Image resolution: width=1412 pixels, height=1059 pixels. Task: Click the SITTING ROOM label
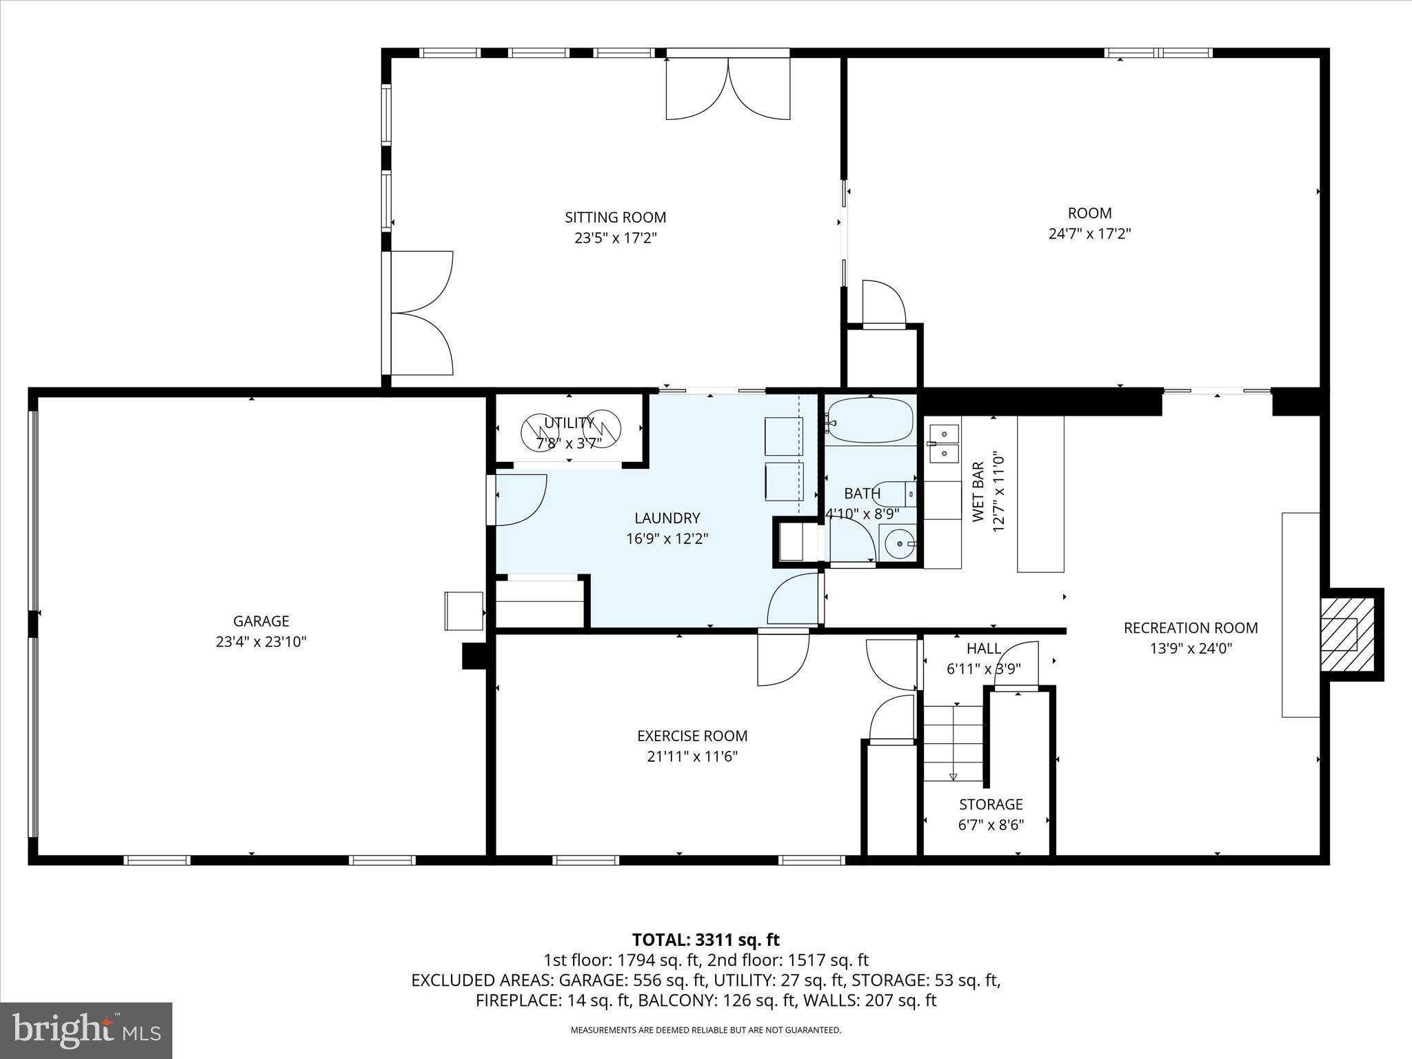tap(615, 217)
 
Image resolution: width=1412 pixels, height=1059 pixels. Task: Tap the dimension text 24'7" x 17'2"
tap(1089, 234)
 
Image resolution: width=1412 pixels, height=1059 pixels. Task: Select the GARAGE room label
tap(261, 621)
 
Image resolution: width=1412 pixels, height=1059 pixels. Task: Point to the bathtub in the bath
tap(871, 420)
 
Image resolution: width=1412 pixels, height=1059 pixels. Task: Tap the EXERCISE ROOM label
tap(692, 736)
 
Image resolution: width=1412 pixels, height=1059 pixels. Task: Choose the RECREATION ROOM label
tap(1190, 628)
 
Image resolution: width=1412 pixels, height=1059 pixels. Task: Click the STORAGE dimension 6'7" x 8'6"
tap(991, 825)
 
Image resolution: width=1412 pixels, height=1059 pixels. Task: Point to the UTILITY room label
tap(569, 423)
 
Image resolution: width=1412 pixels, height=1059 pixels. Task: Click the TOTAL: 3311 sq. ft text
tap(705, 940)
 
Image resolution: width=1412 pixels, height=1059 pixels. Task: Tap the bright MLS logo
tap(86, 1030)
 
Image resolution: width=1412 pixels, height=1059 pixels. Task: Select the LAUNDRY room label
tap(667, 518)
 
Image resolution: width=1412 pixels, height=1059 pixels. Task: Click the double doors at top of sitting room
tap(727, 86)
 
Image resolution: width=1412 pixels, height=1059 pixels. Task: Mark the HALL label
tap(983, 648)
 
